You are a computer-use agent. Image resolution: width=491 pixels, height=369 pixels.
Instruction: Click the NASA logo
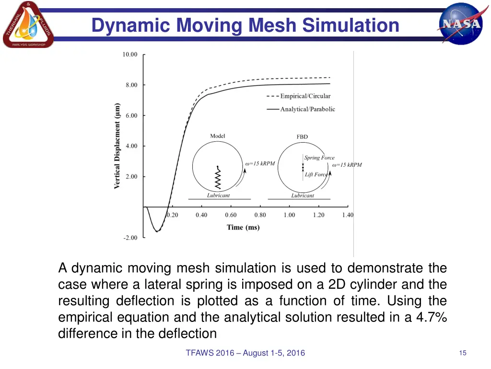[461, 24]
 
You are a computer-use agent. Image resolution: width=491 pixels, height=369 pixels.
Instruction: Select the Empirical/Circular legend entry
[305, 96]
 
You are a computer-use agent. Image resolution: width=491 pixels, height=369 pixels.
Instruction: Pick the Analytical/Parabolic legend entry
[307, 109]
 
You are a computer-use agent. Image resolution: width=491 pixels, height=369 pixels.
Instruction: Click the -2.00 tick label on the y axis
[129, 237]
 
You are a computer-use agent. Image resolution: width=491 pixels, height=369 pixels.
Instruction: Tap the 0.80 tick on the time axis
[260, 215]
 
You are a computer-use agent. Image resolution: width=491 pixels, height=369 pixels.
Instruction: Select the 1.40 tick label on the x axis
[348, 215]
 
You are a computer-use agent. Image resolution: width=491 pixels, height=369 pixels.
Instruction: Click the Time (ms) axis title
[243, 227]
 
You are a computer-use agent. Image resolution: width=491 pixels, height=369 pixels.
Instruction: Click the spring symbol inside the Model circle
[218, 178]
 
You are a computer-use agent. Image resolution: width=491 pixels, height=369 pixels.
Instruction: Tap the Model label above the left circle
[218, 136]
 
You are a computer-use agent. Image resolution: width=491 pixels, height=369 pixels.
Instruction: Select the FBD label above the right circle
[302, 137]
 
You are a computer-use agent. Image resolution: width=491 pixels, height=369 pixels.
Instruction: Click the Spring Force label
[319, 158]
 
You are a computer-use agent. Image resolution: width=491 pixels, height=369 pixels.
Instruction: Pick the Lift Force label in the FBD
[316, 174]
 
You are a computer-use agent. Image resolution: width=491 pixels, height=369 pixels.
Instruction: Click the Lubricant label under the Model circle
[218, 196]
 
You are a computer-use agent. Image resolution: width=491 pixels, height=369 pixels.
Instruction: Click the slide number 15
[463, 353]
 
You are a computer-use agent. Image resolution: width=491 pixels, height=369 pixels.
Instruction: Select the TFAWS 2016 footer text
[245, 353]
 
